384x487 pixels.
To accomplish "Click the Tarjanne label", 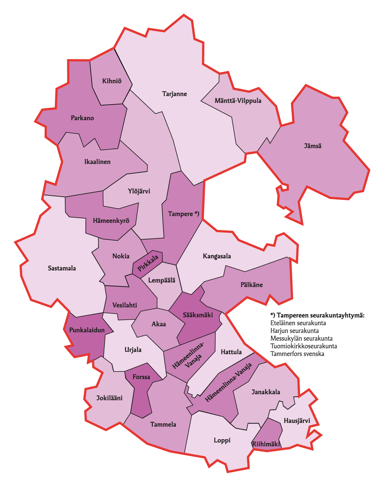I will [x=174, y=94].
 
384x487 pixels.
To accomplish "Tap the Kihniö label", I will [x=112, y=81].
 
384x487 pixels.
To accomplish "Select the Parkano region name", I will [x=82, y=118].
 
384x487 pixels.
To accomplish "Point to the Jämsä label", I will [x=312, y=146].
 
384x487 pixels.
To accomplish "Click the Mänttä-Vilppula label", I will [x=238, y=101].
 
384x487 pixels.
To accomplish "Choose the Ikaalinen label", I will [x=97, y=162].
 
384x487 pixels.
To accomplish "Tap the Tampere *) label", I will [x=183, y=214].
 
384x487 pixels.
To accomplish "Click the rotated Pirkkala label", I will [x=148, y=264].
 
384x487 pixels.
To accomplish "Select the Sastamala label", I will [x=62, y=268].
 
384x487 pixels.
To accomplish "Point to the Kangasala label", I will [x=217, y=256].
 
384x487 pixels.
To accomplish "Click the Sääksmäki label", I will [x=198, y=315].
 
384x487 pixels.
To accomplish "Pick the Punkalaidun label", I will [x=87, y=330].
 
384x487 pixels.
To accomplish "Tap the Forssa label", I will [x=141, y=377].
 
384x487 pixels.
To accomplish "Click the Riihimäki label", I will [x=266, y=444].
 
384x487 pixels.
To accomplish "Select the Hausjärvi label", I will [x=297, y=421].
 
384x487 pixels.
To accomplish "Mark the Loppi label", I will [x=222, y=441].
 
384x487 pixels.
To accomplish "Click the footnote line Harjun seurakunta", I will [x=294, y=331].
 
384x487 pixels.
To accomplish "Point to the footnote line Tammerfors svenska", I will [x=297, y=354].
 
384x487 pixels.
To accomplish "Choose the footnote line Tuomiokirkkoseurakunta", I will [x=303, y=346].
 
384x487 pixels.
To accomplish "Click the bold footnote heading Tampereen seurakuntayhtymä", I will [x=317, y=315].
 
